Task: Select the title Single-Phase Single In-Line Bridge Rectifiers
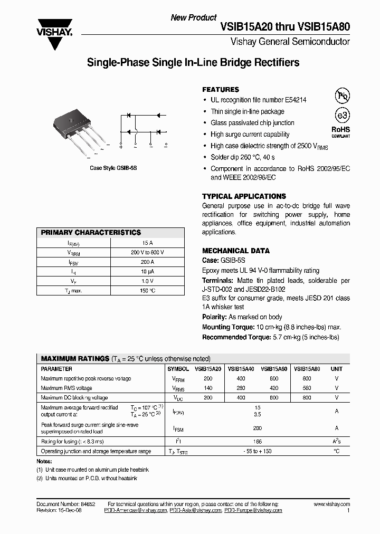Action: click(x=193, y=63)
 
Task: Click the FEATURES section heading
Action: click(x=221, y=90)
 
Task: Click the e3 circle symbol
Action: click(x=343, y=116)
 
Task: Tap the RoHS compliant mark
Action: click(x=341, y=131)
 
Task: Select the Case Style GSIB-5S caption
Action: click(x=113, y=167)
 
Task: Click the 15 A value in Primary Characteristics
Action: click(x=147, y=243)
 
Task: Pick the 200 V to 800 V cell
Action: click(x=147, y=252)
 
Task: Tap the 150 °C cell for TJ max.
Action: click(x=147, y=290)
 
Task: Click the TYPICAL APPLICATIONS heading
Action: click(x=244, y=196)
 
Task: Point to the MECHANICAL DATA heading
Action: click(x=236, y=251)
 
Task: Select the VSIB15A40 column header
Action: click(x=241, y=369)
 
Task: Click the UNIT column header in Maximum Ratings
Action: click(x=336, y=369)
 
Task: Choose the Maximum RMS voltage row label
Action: click(x=66, y=388)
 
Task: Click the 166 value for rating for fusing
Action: click(x=258, y=441)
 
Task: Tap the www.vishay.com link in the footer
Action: click(x=334, y=504)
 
